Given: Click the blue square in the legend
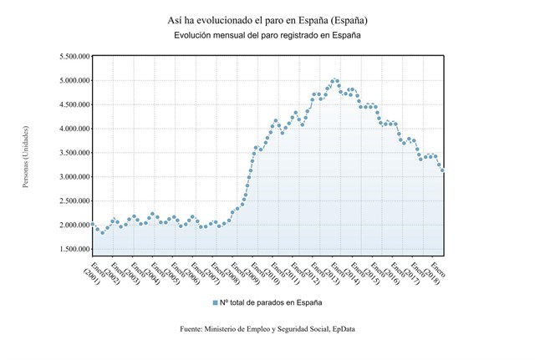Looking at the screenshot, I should tap(215, 302).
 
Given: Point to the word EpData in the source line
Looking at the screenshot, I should tap(342, 329).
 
